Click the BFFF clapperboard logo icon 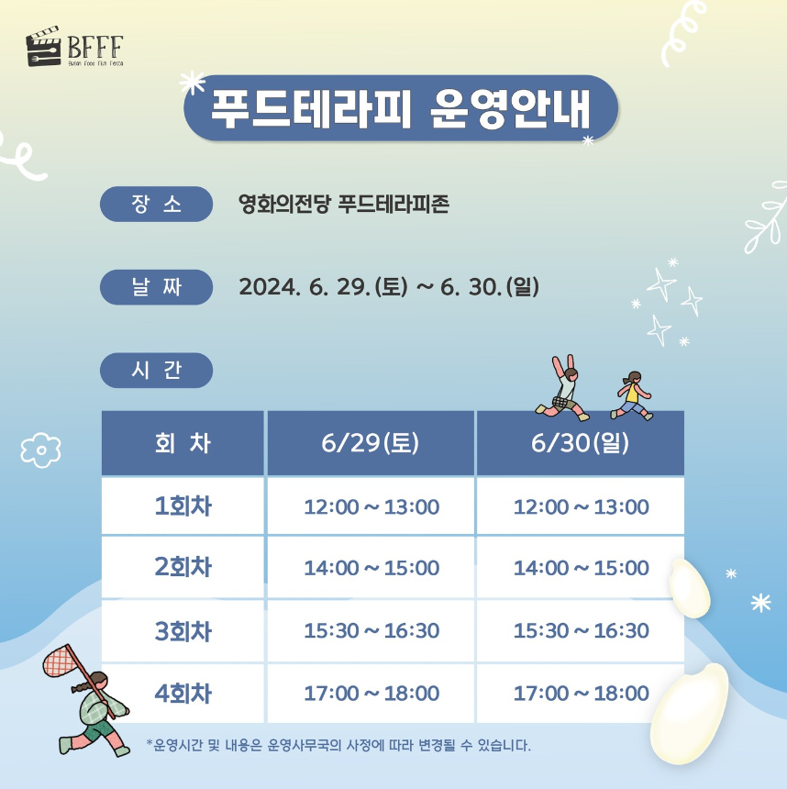tap(44, 50)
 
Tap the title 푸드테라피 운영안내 tap(401, 107)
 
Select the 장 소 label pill tap(156, 204)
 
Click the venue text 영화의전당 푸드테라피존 tap(343, 204)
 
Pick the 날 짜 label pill tap(156, 287)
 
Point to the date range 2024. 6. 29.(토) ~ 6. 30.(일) tap(389, 287)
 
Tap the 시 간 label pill tap(156, 370)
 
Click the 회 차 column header tap(183, 443)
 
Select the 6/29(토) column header tap(371, 443)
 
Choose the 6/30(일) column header tap(580, 443)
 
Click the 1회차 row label tap(183, 506)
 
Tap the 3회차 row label tap(183, 631)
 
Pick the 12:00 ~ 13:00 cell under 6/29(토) tap(371, 506)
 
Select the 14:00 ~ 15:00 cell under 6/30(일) tap(581, 568)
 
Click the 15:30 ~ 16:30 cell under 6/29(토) tap(371, 631)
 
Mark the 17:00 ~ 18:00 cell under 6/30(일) tap(581, 694)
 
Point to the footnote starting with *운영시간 tap(338, 744)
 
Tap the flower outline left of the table tap(40, 449)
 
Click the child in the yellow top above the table tap(631, 394)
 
